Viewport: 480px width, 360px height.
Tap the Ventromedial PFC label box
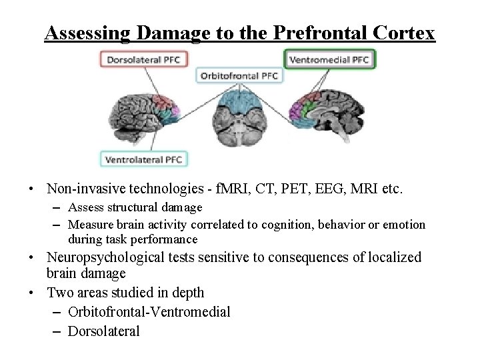(330, 59)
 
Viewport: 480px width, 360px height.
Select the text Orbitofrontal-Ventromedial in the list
(149, 312)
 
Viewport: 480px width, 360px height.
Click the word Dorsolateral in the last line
(104, 331)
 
